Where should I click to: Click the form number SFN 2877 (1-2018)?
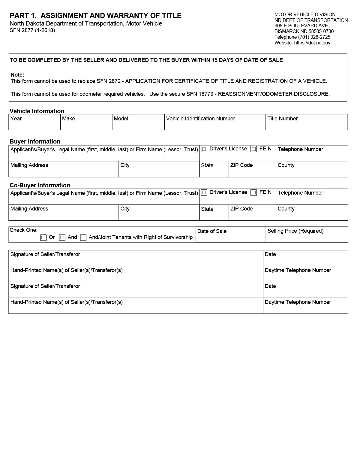(32, 30)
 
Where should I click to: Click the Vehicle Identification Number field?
(215, 125)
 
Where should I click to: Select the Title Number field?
(306, 125)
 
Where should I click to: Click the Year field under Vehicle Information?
(34, 125)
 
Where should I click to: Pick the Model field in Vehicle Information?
(138, 125)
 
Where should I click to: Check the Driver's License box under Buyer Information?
(204, 149)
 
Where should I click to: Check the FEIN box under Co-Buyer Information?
(254, 193)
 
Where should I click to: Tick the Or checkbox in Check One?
(43, 238)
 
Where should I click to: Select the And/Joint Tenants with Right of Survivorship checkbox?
(84, 238)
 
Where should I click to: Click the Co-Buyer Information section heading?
(40, 185)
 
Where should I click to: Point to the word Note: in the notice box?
(17, 75)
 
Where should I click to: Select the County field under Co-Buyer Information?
(312, 215)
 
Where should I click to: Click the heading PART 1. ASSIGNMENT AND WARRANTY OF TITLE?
(95, 16)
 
